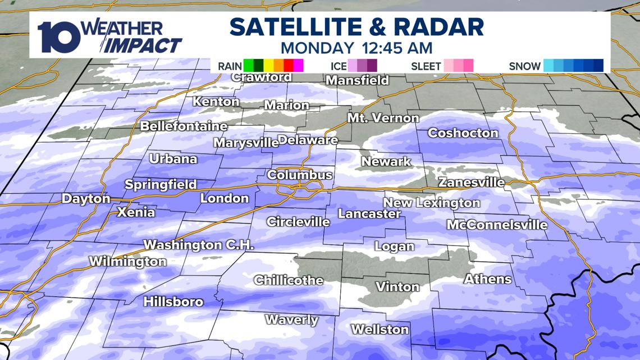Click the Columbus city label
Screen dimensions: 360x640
click(x=299, y=175)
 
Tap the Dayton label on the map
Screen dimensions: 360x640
click(x=86, y=199)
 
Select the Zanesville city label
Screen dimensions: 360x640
click(x=471, y=183)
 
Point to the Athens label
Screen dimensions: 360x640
click(x=487, y=279)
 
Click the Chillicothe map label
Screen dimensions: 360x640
click(x=289, y=280)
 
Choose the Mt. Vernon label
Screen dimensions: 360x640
click(x=383, y=119)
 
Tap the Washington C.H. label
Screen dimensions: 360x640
click(x=199, y=245)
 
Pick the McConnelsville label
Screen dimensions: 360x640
click(x=497, y=225)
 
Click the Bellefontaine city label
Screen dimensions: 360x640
click(x=184, y=126)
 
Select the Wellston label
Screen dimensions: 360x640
click(x=380, y=329)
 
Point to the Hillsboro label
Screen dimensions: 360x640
click(x=173, y=302)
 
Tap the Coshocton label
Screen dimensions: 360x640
click(x=463, y=133)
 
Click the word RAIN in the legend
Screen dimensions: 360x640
click(x=230, y=66)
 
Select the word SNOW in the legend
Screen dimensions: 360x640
click(x=525, y=66)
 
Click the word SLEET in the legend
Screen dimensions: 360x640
click(x=426, y=66)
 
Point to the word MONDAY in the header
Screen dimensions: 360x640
click(x=317, y=48)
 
